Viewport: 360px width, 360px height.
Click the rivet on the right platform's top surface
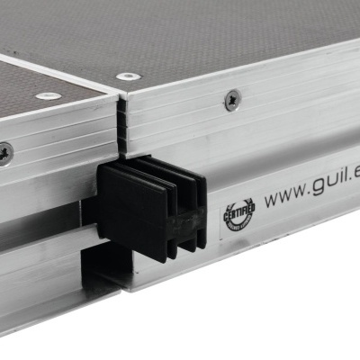point(129,76)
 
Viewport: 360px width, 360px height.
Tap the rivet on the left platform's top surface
point(49,95)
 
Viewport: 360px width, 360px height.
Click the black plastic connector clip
point(153,207)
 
